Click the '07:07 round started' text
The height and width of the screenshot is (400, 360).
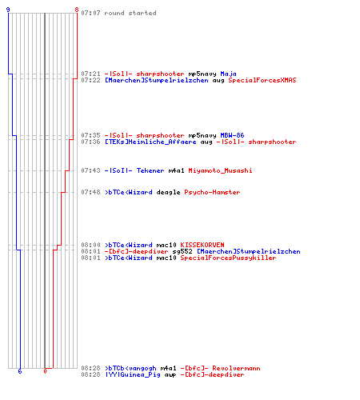tap(118, 13)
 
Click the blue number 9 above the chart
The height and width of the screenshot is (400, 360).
tap(8, 10)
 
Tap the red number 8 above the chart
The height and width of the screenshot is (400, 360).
tap(77, 10)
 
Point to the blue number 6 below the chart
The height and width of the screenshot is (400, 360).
tap(20, 371)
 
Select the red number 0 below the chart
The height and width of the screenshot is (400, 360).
tap(45, 371)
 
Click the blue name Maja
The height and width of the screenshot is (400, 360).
tap(228, 74)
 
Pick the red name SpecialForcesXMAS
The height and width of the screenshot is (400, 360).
tap(262, 80)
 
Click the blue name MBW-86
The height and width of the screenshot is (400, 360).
tap(232, 135)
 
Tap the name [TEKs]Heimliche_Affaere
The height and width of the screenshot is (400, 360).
tap(150, 142)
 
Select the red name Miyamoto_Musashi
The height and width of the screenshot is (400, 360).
tap(220, 170)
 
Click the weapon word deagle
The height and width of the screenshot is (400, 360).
tap(168, 192)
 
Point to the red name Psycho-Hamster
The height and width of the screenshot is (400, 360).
tap(212, 192)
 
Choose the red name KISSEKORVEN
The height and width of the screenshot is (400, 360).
tap(202, 245)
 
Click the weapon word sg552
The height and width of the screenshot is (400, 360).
tap(182, 251)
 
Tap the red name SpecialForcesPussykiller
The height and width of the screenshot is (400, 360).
tap(228, 258)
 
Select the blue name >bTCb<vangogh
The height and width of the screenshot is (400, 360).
tap(130, 368)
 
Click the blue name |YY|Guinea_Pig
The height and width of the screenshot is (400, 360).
tap(133, 374)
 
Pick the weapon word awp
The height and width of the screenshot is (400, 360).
tap(170, 374)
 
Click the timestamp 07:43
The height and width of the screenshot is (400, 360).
tap(90, 170)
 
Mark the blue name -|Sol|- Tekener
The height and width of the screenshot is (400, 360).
tap(134, 170)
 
